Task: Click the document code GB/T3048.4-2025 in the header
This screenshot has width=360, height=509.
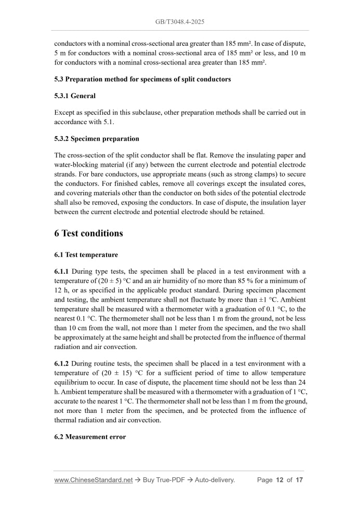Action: click(180, 22)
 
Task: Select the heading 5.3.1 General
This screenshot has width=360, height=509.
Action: click(75, 96)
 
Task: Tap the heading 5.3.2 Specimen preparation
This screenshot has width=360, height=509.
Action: click(97, 139)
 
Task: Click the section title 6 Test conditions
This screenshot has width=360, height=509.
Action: click(88, 233)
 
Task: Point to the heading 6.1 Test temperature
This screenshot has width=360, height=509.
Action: click(86, 255)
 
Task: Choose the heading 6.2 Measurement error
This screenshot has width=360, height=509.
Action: click(90, 437)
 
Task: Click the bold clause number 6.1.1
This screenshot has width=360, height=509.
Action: click(61, 272)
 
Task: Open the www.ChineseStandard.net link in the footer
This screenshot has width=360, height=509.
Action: click(93, 480)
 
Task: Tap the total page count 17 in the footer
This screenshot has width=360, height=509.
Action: click(299, 480)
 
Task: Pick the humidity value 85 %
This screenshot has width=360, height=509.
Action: click(244, 281)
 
